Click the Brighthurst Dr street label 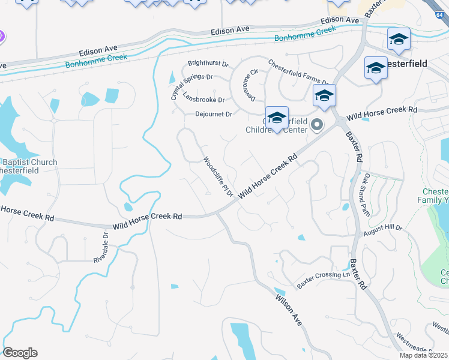(x=208, y=63)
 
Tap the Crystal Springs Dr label (x=191, y=77)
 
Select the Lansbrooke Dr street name (x=203, y=100)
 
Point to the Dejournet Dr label (x=213, y=113)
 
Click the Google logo (x=20, y=353)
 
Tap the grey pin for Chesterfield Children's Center (x=317, y=125)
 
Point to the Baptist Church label (x=30, y=162)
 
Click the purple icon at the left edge (x=2, y=37)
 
